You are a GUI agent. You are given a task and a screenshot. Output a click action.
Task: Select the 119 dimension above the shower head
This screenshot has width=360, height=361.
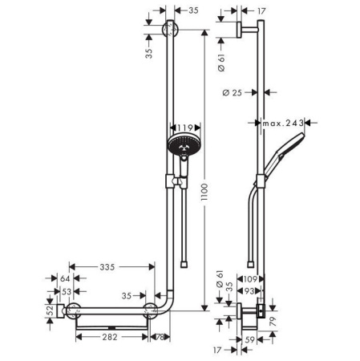click(184, 127)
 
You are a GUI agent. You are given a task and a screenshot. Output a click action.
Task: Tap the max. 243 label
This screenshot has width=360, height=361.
click(285, 123)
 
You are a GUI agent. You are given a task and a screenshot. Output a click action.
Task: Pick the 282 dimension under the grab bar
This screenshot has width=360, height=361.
click(111, 338)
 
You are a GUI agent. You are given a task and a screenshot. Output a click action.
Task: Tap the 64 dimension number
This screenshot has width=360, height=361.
click(65, 278)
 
